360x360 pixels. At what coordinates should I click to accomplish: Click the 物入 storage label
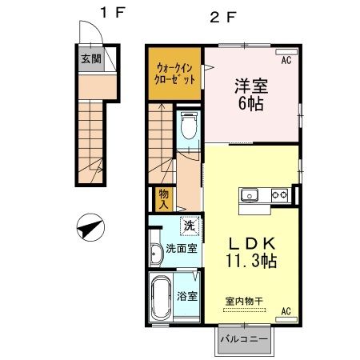(x=163, y=198)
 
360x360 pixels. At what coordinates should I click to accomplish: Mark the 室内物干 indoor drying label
(x=246, y=300)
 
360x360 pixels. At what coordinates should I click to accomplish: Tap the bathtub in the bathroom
(x=162, y=297)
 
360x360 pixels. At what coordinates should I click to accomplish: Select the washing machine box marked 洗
(x=190, y=226)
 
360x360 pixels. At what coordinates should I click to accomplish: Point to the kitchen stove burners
(x=279, y=194)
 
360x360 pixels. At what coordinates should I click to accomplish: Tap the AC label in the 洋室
(x=285, y=58)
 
